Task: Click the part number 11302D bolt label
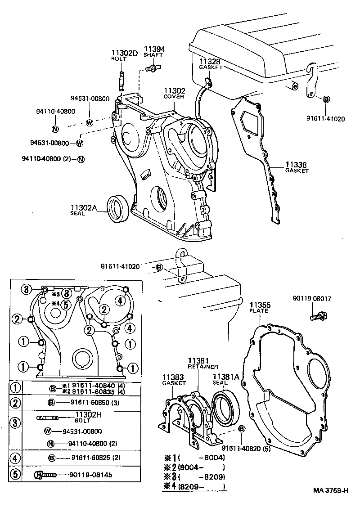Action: tap(124, 53)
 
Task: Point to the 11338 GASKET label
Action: tap(297, 167)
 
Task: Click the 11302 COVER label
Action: tap(174, 93)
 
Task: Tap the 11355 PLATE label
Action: tap(259, 307)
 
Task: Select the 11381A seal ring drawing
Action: tap(228, 409)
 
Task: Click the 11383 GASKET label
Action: tap(174, 380)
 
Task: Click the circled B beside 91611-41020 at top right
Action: tap(326, 99)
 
